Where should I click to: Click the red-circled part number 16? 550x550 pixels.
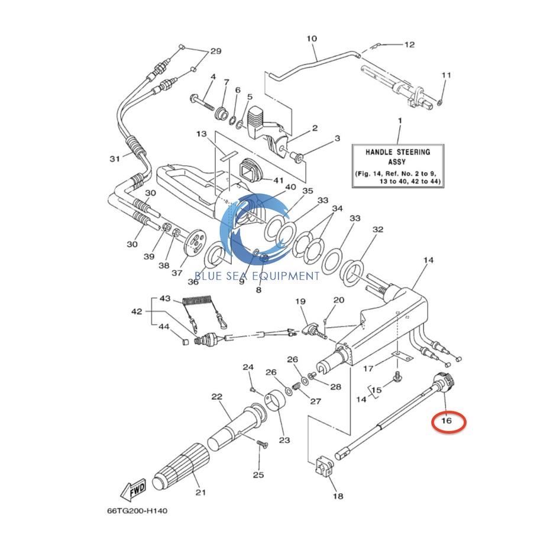(x=448, y=421)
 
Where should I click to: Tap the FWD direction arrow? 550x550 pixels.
(x=133, y=488)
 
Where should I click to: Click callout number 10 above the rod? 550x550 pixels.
(x=312, y=39)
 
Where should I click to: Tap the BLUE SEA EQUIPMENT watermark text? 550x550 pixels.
(x=257, y=276)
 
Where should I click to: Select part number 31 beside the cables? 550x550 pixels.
(x=115, y=158)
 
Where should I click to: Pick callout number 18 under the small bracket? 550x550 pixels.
(x=337, y=496)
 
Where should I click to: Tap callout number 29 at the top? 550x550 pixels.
(x=215, y=51)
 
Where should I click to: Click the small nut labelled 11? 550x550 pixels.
(x=440, y=103)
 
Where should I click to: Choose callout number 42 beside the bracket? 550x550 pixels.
(x=137, y=311)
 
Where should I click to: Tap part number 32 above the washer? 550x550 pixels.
(x=378, y=229)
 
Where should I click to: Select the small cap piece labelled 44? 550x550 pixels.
(x=183, y=341)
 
